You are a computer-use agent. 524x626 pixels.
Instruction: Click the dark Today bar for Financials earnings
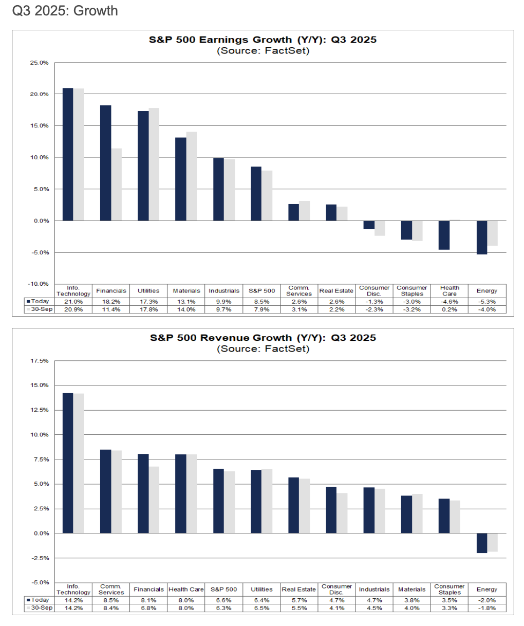coord(105,163)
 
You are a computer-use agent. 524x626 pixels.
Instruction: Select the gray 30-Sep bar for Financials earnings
coord(116,185)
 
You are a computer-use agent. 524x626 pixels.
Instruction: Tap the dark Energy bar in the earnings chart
coord(481,237)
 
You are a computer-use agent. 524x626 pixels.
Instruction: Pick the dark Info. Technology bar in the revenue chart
coord(68,463)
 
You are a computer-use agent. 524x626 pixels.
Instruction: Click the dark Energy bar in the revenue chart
coord(481,543)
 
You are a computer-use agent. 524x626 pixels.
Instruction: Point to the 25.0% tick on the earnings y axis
coord(40,63)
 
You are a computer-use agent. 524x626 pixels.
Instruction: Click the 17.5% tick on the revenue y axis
coord(40,361)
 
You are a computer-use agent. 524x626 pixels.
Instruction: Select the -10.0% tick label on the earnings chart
coord(39,284)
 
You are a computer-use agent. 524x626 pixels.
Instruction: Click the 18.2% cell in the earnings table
coord(111,302)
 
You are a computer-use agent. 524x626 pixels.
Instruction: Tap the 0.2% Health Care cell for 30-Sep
coord(450,309)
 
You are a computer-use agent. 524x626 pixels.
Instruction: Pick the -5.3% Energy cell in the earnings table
coord(487,302)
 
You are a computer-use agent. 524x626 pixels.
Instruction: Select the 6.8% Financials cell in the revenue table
coord(148,608)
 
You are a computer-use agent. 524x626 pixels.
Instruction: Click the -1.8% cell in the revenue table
coord(487,608)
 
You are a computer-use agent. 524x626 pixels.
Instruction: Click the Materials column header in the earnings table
coord(186,291)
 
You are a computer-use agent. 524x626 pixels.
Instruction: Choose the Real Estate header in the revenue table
coord(299,590)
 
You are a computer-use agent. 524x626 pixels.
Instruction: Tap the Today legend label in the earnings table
coord(40,302)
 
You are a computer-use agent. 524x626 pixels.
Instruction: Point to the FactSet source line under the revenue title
coord(263,349)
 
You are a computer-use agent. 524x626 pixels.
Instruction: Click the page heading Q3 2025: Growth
coord(65,11)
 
